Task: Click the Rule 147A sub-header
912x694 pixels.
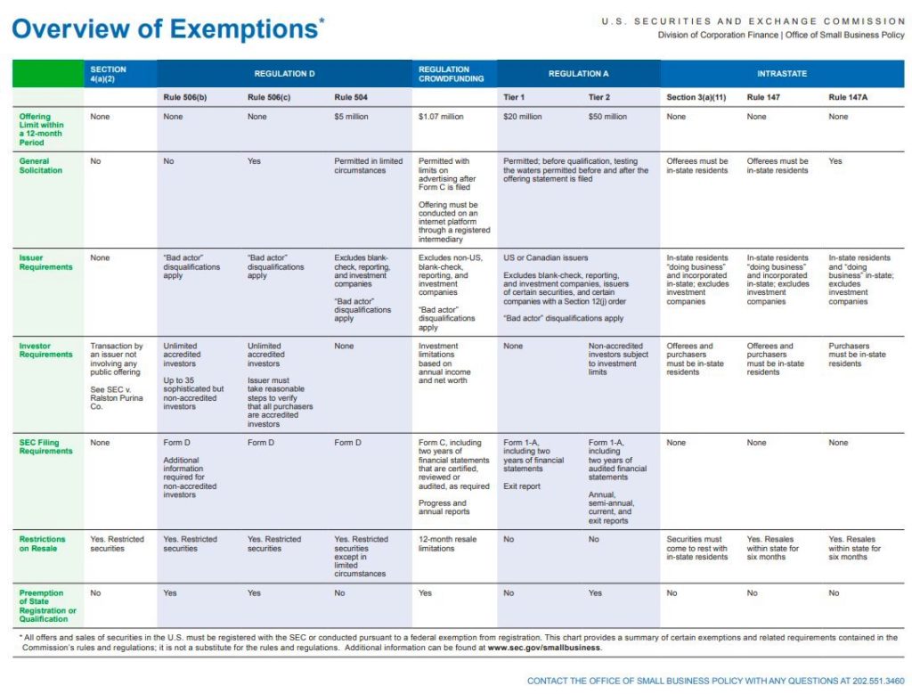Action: [850, 97]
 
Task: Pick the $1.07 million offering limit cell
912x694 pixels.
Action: [441, 117]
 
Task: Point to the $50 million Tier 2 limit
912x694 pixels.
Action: [607, 117]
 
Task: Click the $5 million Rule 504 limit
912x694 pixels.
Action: [352, 117]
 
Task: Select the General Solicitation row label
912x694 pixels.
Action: [41, 166]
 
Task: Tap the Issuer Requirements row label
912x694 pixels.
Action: [45, 262]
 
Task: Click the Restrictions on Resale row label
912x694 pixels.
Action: [42, 543]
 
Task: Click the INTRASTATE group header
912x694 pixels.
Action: [782, 73]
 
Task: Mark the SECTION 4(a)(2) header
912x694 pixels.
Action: [109, 73]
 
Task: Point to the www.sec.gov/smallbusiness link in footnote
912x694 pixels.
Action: [544, 648]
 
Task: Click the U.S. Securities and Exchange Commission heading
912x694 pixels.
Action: [753, 20]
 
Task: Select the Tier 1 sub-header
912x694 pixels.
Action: [516, 97]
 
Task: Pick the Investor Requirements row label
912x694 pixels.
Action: [45, 350]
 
